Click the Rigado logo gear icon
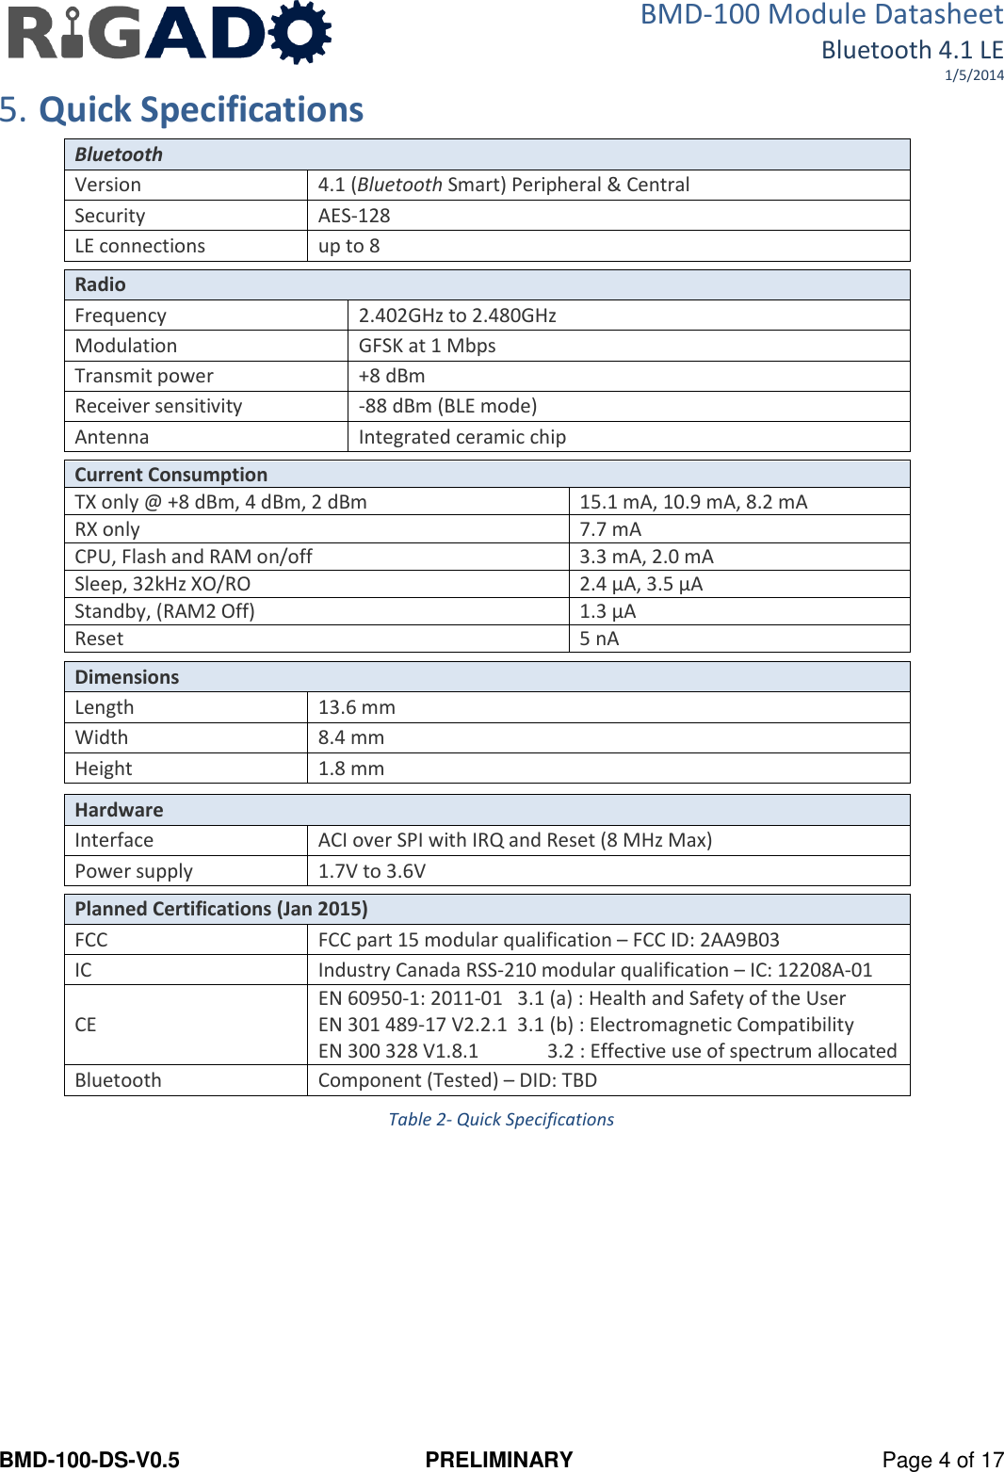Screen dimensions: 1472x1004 (x=300, y=32)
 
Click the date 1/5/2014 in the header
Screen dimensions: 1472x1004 (x=974, y=75)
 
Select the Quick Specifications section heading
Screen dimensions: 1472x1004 (x=201, y=110)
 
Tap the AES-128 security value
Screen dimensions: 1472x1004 (x=354, y=216)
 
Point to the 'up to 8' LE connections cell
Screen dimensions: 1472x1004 (x=348, y=246)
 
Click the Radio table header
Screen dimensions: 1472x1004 (x=101, y=284)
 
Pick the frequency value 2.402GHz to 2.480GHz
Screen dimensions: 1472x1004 (x=457, y=315)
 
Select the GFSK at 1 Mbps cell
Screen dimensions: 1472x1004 (x=427, y=346)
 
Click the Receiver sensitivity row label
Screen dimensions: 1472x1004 (x=158, y=406)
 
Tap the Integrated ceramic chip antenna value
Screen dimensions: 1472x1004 (x=462, y=437)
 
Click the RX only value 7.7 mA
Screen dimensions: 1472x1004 (x=610, y=529)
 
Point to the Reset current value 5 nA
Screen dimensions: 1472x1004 (x=599, y=639)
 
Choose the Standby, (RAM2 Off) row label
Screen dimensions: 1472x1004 (x=165, y=611)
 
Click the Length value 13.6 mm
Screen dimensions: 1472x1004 (x=356, y=707)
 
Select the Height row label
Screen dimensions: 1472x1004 (x=104, y=768)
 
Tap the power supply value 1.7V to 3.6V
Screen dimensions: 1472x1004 (x=371, y=871)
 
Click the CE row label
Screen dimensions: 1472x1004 (x=86, y=1025)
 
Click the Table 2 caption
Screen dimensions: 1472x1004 (x=501, y=1120)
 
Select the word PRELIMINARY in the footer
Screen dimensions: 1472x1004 (x=499, y=1460)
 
